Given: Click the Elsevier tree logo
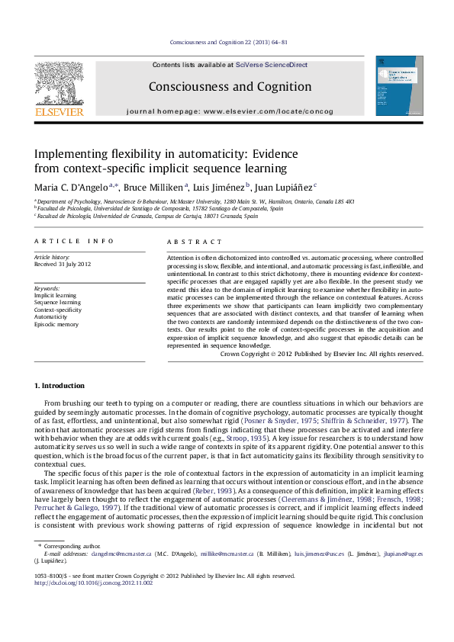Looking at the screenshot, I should point(60,85).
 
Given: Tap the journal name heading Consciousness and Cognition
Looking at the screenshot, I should point(230,87).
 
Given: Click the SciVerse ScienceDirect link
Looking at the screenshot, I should point(272,66).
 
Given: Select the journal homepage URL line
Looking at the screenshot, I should point(230,111).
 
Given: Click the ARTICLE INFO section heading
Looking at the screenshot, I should point(74,241).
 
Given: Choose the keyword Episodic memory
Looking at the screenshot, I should point(56,325).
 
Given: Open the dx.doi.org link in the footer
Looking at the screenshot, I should point(94,583).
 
